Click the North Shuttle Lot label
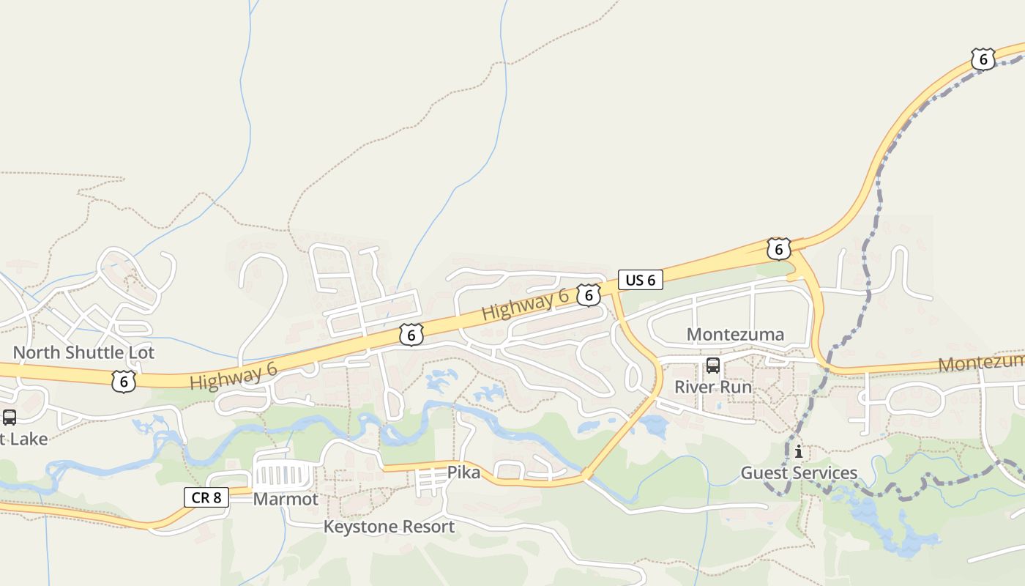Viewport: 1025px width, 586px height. point(83,352)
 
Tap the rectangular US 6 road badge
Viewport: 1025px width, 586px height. point(640,280)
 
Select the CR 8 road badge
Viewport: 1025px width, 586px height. point(206,498)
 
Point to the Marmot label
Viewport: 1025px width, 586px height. point(286,500)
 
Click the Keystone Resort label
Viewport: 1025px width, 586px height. point(389,527)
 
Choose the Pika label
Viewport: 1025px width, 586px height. point(463,472)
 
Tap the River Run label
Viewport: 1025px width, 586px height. point(712,387)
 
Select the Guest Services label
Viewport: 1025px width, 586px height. point(799,473)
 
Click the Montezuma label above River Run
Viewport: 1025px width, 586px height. point(735,335)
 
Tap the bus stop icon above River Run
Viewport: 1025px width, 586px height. point(712,366)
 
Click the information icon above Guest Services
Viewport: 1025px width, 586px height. point(798,452)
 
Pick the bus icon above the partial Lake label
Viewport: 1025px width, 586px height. point(10,418)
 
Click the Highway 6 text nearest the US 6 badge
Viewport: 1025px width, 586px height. point(525,305)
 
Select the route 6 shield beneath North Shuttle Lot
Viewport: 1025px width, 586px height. point(124,381)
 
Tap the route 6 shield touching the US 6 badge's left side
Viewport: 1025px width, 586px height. point(588,295)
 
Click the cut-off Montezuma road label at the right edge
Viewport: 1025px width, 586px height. point(981,363)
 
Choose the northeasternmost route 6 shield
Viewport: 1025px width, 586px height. point(983,59)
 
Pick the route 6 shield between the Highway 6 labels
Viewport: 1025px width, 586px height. point(411,335)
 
